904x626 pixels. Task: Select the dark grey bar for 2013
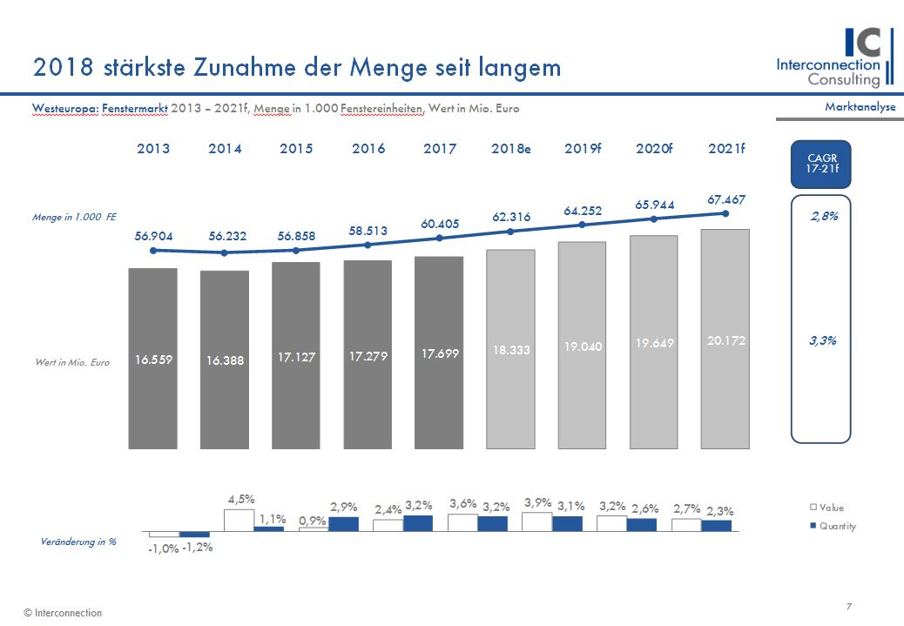[x=153, y=359]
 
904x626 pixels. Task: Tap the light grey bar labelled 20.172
[x=725, y=340]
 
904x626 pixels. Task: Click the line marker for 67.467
[x=725, y=213]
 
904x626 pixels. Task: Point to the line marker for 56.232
[x=225, y=252]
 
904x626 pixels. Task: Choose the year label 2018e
[x=510, y=149]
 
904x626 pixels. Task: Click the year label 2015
[x=296, y=149]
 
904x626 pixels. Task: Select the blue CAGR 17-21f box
[x=821, y=164]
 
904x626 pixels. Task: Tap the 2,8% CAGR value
[x=824, y=217]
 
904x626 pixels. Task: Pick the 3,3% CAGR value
[x=824, y=341]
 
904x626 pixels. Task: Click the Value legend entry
[x=826, y=508]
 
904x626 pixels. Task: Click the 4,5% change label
[x=241, y=500]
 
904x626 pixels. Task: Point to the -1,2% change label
[x=198, y=548]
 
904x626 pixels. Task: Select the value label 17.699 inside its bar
[x=440, y=353]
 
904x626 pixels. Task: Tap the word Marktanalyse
[x=860, y=106]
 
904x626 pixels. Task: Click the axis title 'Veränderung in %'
[x=79, y=542]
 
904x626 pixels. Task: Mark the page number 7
[x=848, y=606]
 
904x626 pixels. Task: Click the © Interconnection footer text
[x=63, y=613]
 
